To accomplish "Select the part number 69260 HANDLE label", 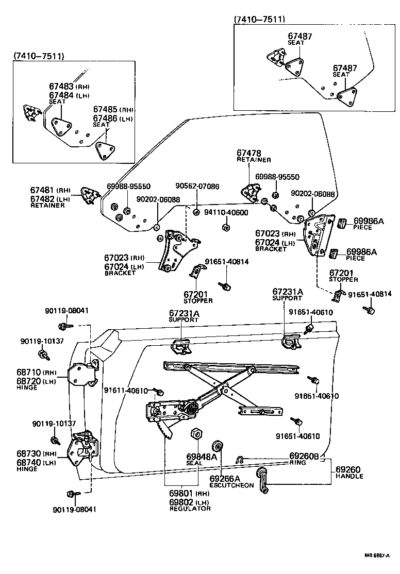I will click(348, 469).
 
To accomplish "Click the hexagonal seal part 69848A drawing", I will click(196, 434).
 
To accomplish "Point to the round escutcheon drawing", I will click(217, 447).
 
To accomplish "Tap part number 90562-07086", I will click(197, 186).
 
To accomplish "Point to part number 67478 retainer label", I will click(249, 153).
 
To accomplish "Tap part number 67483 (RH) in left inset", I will click(62, 87).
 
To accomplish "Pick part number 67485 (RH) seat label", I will click(106, 110).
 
